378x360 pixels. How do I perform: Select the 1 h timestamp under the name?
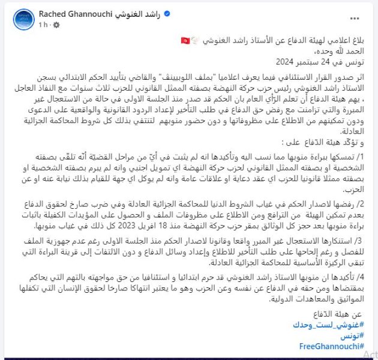tap(44, 25)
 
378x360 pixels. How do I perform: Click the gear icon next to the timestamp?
tap(56, 25)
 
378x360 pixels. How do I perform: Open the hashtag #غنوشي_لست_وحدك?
tap(332, 325)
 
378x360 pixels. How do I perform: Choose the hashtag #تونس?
tap(352, 336)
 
